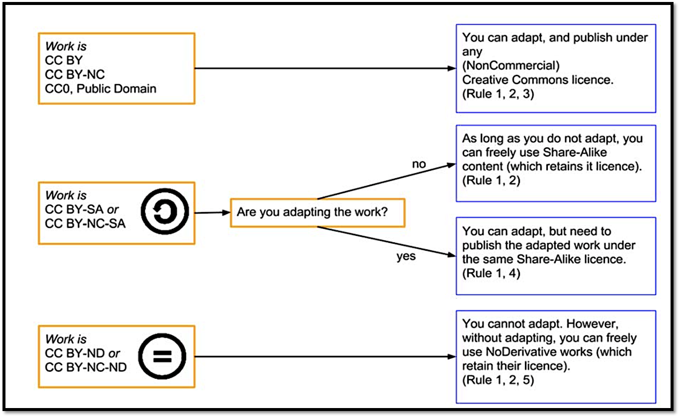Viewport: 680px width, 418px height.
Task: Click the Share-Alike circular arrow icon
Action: [x=165, y=212]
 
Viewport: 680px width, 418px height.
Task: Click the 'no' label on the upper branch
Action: [x=419, y=164]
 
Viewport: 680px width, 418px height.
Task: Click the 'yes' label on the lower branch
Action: [x=406, y=257]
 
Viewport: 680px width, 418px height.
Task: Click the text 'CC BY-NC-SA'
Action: [x=85, y=223]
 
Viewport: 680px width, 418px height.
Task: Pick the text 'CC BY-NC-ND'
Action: [x=85, y=367]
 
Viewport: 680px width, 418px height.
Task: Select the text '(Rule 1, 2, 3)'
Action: [x=498, y=94]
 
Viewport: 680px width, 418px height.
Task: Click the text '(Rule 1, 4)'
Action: [x=491, y=273]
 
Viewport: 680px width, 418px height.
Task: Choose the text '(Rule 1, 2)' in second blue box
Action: [x=491, y=180]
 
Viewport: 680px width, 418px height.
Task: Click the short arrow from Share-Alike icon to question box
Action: [x=212, y=212]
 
